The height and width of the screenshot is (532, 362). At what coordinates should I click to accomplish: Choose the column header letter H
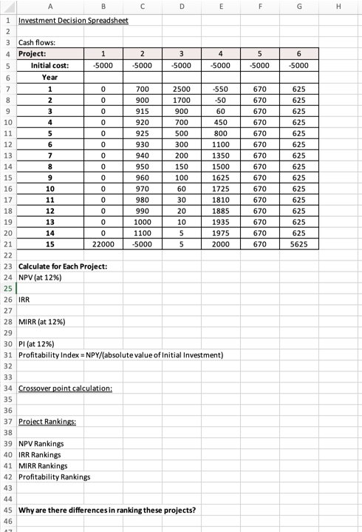tap(346, 7)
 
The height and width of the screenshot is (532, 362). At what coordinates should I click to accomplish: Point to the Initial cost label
tap(49, 66)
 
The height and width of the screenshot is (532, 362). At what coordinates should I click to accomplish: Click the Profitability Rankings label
tap(54, 477)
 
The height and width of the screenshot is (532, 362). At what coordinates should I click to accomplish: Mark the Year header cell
tap(49, 77)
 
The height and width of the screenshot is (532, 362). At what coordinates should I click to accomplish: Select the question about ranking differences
tap(106, 510)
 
